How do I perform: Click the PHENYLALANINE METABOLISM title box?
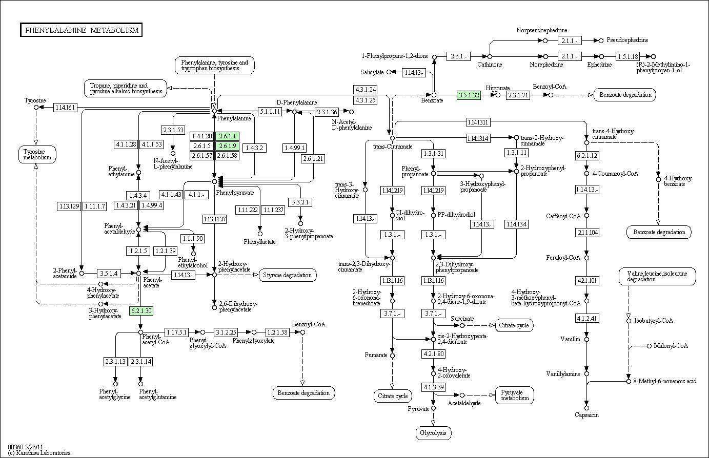(82, 30)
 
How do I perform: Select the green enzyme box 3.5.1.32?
(469, 95)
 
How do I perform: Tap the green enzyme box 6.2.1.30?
(141, 311)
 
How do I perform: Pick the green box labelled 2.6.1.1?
(227, 136)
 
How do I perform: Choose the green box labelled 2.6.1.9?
(227, 146)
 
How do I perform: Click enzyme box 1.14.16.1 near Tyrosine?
(65, 108)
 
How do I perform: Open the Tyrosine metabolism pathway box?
(37, 154)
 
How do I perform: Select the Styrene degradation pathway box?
(288, 275)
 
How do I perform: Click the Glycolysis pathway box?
(433, 433)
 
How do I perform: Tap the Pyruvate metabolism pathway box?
(515, 395)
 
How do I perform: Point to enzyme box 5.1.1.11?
(270, 112)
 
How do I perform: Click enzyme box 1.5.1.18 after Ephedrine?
(628, 57)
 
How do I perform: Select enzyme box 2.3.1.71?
(518, 95)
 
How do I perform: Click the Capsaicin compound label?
(586, 415)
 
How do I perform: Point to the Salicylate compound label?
(372, 72)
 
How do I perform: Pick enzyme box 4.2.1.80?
(434, 353)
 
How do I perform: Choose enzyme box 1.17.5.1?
(177, 332)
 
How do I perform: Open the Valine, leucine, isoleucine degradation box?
(657, 277)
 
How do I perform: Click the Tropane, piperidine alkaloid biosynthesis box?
(126, 88)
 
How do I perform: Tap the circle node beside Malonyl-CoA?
(649, 346)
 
